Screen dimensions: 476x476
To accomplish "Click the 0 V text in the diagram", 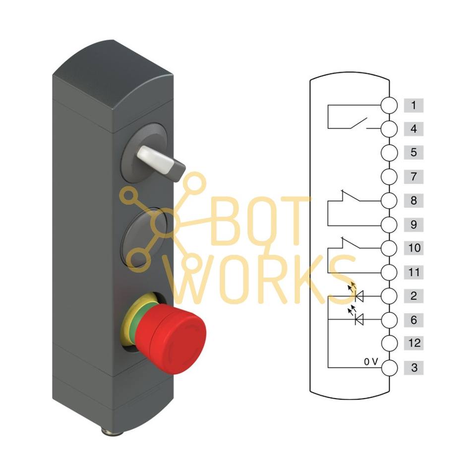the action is click(x=371, y=362).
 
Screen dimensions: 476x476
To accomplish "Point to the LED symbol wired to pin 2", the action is click(x=358, y=295).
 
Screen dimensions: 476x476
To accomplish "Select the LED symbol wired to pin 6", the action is click(x=358, y=319).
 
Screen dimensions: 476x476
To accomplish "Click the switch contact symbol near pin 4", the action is click(x=358, y=123).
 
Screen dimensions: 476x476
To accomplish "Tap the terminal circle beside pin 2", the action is click(x=390, y=296).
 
